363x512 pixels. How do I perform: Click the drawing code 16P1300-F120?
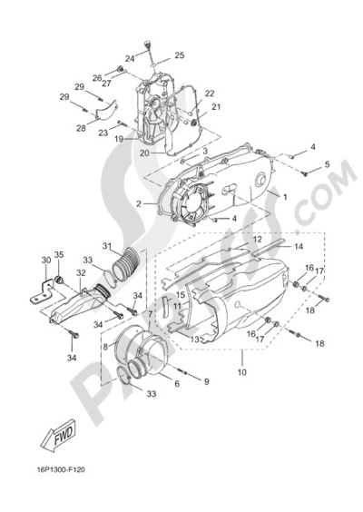pyautogui.click(x=61, y=470)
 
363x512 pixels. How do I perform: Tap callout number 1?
pyautogui.click(x=285, y=197)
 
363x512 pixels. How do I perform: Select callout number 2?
pyautogui.click(x=139, y=203)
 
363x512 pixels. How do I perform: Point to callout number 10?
pyautogui.click(x=242, y=372)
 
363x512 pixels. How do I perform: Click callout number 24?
pyautogui.click(x=130, y=59)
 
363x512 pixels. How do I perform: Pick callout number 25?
pyautogui.click(x=179, y=55)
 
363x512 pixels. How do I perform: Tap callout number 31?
pyautogui.click(x=107, y=245)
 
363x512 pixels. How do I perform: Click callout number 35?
pyautogui.click(x=59, y=255)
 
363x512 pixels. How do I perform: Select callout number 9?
pyautogui.click(x=206, y=381)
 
